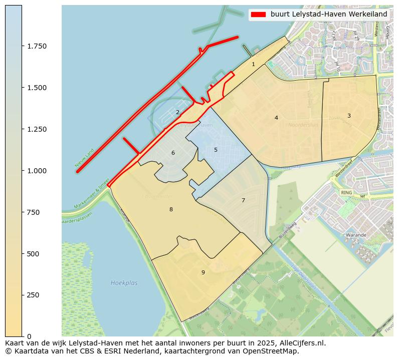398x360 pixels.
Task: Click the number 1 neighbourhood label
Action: pos(253,64)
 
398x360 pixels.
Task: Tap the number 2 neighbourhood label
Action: pos(177,112)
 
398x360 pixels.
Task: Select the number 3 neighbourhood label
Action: pos(349,116)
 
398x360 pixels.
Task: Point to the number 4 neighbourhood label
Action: pos(276,118)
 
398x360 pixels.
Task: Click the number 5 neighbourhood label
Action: pos(216,150)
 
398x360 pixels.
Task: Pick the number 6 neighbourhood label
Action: pos(173,153)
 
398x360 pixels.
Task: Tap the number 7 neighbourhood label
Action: pos(243,200)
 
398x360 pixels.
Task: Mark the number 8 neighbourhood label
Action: pos(171,209)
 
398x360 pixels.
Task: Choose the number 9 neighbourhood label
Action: pos(203,272)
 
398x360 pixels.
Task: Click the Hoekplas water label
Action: pos(124,283)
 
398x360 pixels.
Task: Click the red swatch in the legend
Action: pos(258,15)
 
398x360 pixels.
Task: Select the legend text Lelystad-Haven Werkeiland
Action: pos(329,15)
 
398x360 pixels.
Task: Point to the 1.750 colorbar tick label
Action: pos(37,46)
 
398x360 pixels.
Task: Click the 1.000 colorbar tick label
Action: pos(37,171)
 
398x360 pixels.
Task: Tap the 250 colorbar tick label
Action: pos(33,295)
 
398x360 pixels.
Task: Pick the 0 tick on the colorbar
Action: pos(29,336)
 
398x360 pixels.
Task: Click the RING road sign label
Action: pos(346,192)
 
